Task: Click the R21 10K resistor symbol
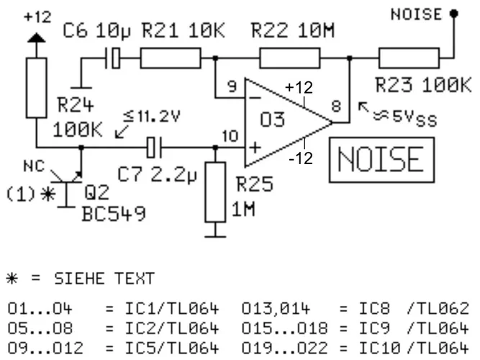(170, 57)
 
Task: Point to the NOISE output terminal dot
(453, 13)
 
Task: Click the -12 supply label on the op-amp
(302, 157)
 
